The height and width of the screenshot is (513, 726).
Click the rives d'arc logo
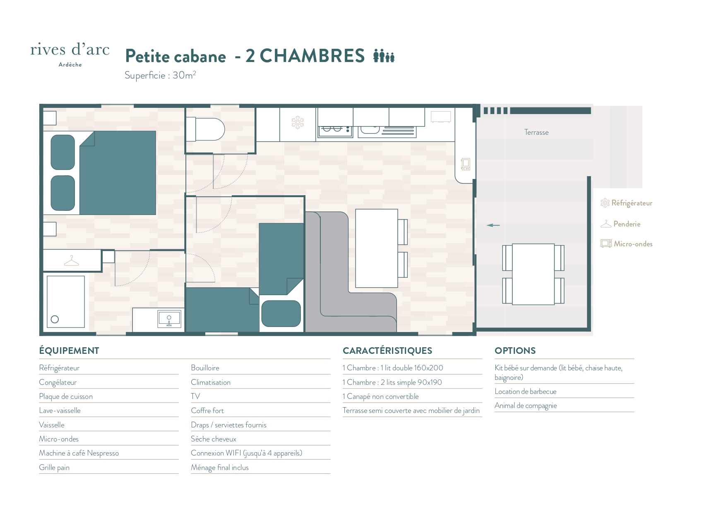(x=70, y=54)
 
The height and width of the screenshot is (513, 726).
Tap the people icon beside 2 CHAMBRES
(x=384, y=55)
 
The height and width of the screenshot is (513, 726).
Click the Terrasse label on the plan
(x=536, y=132)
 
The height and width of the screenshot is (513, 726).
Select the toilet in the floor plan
(x=205, y=129)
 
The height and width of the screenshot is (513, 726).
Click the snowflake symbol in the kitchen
(x=298, y=122)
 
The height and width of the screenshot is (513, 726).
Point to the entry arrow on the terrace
(x=493, y=225)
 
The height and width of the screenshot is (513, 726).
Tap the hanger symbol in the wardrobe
(x=72, y=261)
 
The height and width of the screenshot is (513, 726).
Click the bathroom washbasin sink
(x=169, y=319)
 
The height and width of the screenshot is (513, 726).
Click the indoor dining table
(x=377, y=248)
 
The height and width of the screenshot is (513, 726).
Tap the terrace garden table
(x=533, y=274)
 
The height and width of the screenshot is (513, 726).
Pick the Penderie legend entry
(x=620, y=224)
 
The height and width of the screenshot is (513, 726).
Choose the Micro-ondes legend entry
(x=627, y=244)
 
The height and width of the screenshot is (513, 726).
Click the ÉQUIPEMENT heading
(x=69, y=351)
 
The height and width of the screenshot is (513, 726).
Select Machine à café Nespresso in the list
(x=79, y=453)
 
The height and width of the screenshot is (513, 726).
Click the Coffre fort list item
(x=207, y=410)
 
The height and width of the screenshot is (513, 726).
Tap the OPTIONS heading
(x=515, y=351)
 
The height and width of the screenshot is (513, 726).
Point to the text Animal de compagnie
(x=526, y=406)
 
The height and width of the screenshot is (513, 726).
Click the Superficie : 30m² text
(x=160, y=75)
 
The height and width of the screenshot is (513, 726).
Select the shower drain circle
(x=55, y=319)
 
